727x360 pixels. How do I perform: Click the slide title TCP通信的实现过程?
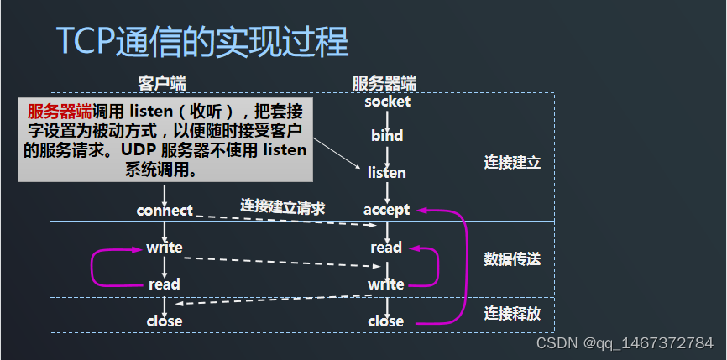(x=201, y=40)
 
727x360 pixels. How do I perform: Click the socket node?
(x=387, y=102)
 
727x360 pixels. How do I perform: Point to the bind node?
(x=387, y=135)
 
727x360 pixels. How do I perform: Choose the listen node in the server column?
(x=387, y=173)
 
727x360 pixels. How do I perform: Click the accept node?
(x=387, y=210)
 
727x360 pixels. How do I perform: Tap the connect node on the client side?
(x=165, y=210)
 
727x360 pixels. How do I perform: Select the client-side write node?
(x=165, y=248)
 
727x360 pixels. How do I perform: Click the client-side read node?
(x=165, y=284)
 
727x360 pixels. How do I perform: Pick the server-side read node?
(x=387, y=248)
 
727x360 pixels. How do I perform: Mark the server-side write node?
(x=386, y=284)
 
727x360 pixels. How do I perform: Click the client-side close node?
(x=165, y=321)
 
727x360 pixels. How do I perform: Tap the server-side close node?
(x=386, y=321)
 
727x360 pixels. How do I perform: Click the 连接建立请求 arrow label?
(x=283, y=206)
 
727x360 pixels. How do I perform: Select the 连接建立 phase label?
(x=512, y=163)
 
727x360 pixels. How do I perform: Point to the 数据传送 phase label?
(x=512, y=258)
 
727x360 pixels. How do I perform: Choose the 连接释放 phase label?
(x=512, y=314)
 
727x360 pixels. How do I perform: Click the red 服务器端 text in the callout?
(x=60, y=112)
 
